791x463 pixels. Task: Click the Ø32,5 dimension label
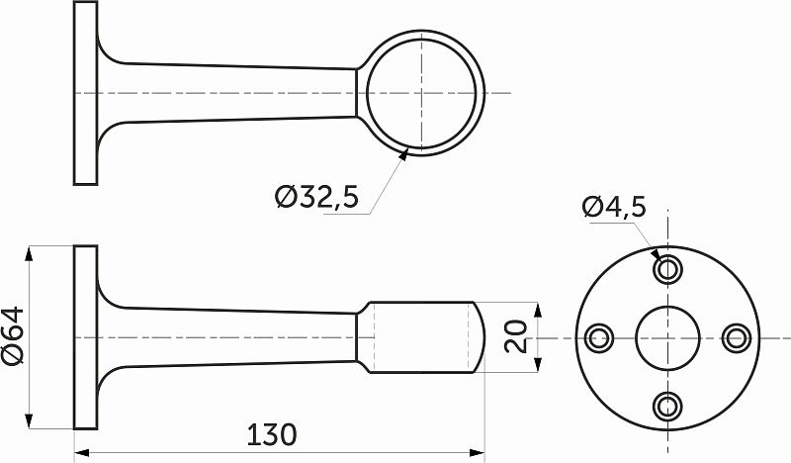[316, 198]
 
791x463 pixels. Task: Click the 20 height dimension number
[516, 337]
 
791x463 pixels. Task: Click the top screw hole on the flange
[667, 269]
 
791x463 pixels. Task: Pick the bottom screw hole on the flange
[667, 405]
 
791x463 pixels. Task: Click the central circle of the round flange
[667, 337]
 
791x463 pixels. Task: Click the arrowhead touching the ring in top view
[407, 152]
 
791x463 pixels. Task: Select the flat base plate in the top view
[86, 92]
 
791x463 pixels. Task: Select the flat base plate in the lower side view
[86, 337]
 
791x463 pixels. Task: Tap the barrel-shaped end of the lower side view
[425, 337]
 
